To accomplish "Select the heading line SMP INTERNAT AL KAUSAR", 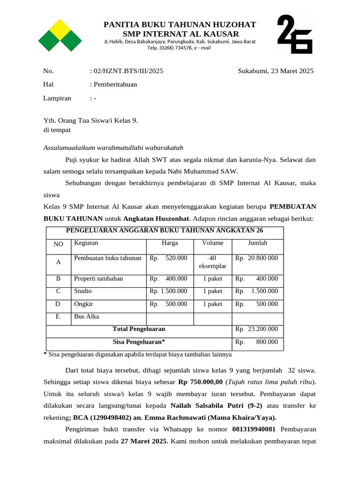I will (180, 34).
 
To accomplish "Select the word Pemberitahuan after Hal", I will (115, 85).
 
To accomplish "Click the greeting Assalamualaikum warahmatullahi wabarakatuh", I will (110, 148).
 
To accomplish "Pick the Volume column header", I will (212, 243).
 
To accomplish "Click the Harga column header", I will (170, 243).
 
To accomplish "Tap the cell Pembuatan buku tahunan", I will (108, 258).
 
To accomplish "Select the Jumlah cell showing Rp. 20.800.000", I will (256, 258).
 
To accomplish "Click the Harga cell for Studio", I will (169, 291).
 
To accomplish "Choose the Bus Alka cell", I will (87, 316).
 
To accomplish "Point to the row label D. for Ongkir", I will (58, 304).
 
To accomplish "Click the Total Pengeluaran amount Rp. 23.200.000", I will (256, 329).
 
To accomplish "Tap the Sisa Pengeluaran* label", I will (139, 342).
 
